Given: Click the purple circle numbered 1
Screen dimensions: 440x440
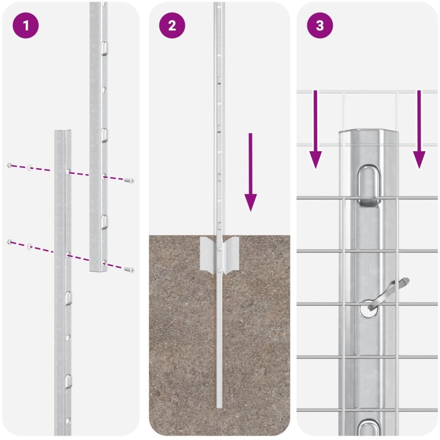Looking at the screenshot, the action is tap(25, 25).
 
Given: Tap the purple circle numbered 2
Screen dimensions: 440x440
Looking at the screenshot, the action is tap(172, 25).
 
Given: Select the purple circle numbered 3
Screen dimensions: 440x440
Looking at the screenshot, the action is tap(320, 25).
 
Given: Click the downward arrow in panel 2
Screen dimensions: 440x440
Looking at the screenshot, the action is tap(251, 172).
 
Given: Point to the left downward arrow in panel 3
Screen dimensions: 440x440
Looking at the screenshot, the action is tap(315, 129).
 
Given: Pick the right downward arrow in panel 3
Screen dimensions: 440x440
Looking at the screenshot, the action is tap(419, 129).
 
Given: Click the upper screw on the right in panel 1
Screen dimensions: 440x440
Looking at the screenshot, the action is tap(129, 180).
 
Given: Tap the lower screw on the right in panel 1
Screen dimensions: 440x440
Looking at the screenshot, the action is tap(129, 269).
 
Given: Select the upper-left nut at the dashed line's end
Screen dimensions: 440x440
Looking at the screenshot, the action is tap(10, 166).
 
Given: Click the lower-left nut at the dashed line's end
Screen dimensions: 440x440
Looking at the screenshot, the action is tap(10, 241).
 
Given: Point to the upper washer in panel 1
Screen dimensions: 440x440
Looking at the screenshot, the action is tap(30, 168).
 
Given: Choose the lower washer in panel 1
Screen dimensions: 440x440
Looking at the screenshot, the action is tap(30, 247).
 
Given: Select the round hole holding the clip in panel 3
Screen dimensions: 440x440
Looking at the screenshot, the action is tap(369, 309).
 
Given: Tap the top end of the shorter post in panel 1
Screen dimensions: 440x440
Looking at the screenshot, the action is tap(63, 131).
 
